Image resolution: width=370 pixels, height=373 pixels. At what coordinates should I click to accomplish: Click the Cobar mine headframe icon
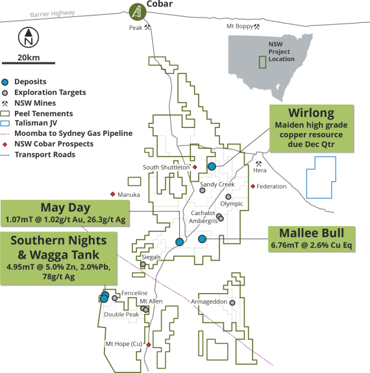point(138,12)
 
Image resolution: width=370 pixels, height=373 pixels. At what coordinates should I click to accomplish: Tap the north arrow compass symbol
point(29,37)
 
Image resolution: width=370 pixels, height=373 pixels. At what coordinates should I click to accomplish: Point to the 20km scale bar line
point(29,63)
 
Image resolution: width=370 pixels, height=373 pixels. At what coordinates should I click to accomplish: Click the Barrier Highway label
point(53,14)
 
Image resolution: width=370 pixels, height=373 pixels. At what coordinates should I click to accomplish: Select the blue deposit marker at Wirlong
point(212,166)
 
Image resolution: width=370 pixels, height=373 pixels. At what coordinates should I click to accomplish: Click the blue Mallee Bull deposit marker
point(202,239)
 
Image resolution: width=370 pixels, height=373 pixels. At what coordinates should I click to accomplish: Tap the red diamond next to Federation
point(253,186)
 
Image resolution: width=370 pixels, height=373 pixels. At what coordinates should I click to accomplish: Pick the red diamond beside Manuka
point(113,194)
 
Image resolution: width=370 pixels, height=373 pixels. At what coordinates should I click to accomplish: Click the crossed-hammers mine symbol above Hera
point(258,164)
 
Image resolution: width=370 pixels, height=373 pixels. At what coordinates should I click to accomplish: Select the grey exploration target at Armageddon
point(232,303)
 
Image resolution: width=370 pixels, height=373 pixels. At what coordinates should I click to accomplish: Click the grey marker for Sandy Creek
point(203,190)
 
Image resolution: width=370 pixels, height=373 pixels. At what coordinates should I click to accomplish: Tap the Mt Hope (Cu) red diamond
point(149,344)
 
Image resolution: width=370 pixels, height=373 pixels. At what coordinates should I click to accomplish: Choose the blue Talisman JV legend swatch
point(5,123)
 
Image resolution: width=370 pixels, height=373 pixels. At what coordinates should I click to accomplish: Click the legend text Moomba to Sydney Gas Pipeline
point(73,133)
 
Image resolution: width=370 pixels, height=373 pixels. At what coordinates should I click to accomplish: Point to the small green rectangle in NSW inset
point(262,62)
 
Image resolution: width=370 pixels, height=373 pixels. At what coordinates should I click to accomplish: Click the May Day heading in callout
point(66,207)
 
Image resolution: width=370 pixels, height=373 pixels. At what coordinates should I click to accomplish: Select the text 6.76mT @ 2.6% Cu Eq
point(312,245)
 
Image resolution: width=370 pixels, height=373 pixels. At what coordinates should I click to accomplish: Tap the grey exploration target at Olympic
point(228,197)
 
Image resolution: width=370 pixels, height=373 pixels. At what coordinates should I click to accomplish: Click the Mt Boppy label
point(240,26)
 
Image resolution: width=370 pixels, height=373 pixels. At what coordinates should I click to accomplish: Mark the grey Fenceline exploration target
point(114,298)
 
